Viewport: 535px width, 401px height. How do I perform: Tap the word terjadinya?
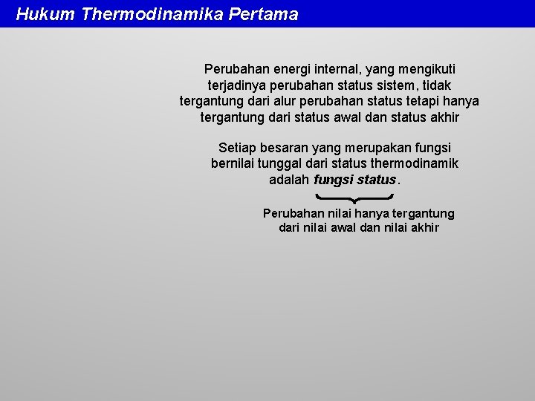(x=236, y=85)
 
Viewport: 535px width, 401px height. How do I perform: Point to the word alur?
(x=299, y=101)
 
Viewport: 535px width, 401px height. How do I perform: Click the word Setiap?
(x=236, y=148)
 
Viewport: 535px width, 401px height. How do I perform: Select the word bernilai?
(x=233, y=163)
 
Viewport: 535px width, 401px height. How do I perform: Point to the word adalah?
(x=289, y=180)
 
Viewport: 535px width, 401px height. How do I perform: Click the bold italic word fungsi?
(x=334, y=180)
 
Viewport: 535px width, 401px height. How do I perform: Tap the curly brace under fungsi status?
(x=354, y=198)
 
